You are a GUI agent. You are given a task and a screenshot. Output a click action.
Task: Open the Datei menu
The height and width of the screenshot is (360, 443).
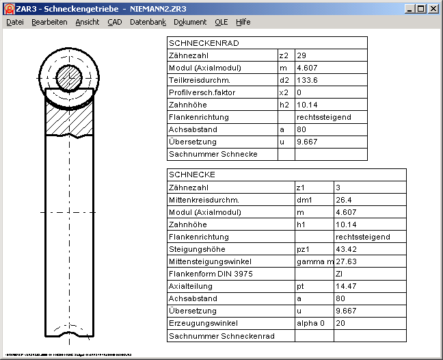(x=14, y=22)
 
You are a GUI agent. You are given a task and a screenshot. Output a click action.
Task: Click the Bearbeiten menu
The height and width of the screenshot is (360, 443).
(x=49, y=22)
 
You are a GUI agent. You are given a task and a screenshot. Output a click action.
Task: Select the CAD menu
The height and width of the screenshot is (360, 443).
(x=114, y=22)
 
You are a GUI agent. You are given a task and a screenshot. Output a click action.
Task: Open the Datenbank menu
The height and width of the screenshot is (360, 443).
(x=148, y=22)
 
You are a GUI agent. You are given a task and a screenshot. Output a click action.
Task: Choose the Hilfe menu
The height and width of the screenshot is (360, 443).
(x=243, y=22)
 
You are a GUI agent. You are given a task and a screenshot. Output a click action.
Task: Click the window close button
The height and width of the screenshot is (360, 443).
(x=433, y=9)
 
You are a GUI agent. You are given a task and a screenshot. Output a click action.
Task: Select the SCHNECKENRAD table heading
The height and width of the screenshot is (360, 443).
(x=194, y=43)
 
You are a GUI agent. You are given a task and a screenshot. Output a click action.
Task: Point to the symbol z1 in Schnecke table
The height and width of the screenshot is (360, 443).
(x=301, y=187)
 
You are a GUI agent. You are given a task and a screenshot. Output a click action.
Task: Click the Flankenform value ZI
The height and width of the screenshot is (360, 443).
(x=339, y=273)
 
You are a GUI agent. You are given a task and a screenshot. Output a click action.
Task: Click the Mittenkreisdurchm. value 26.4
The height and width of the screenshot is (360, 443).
(x=344, y=199)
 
